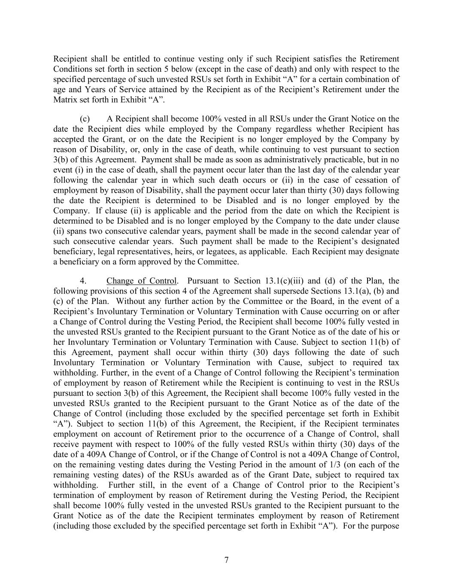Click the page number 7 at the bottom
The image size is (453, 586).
pos(226,560)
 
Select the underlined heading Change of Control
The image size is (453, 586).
pos(141,281)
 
